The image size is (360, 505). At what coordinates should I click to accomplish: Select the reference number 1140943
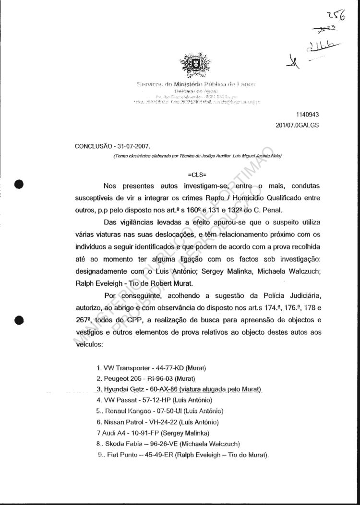(305, 115)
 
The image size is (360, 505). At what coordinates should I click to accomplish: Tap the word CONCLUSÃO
(91, 145)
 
